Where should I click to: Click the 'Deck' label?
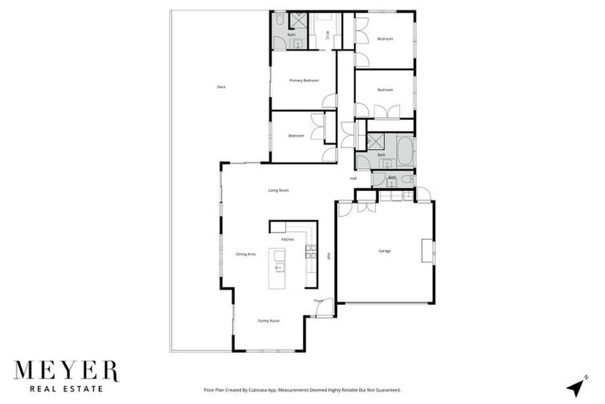coord(221,87)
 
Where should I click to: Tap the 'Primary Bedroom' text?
coord(303,80)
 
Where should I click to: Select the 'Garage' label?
coord(384,251)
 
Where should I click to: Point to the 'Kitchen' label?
coord(288,239)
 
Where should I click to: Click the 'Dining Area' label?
coord(245,254)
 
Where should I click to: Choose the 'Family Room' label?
coord(269,321)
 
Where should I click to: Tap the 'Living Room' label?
coord(279,190)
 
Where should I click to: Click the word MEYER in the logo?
coord(66,371)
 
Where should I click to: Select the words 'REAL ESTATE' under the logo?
coord(66,388)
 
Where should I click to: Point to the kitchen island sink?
coord(278,267)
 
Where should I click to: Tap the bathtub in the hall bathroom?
coord(404,149)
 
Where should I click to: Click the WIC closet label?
coord(328,33)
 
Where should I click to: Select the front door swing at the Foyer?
coord(323,308)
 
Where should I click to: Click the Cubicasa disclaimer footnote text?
coord(302,390)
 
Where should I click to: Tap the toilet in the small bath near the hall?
coord(406,180)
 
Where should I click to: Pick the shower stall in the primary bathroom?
coord(299,21)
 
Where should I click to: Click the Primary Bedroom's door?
coord(330,101)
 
